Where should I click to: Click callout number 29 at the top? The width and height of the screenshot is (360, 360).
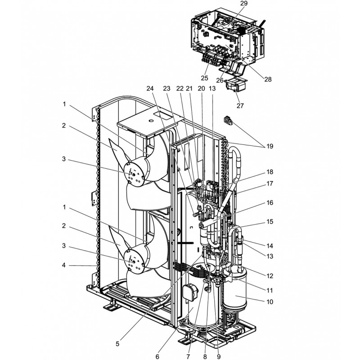coord(244,3)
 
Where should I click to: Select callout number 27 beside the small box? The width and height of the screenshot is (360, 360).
coord(240,106)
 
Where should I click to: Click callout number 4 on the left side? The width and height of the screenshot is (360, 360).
coord(65,265)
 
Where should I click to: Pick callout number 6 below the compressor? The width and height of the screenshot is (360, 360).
coord(157,356)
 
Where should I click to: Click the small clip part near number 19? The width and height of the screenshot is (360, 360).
coord(228,121)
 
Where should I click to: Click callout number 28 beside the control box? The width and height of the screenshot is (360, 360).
coord(268,79)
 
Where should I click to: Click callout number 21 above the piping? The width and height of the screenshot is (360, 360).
coord(189,89)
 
